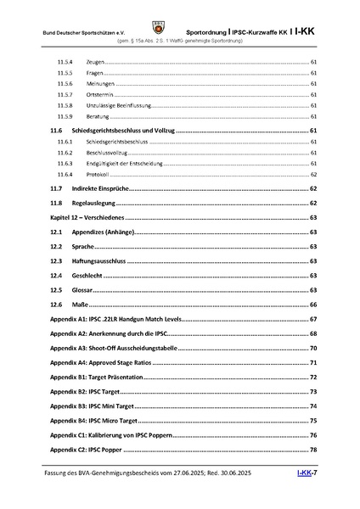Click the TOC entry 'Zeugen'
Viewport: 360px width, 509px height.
[96, 63]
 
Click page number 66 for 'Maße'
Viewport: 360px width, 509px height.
[313, 304]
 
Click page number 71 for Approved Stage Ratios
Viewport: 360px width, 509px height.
[313, 362]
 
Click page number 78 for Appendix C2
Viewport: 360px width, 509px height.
[313, 449]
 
